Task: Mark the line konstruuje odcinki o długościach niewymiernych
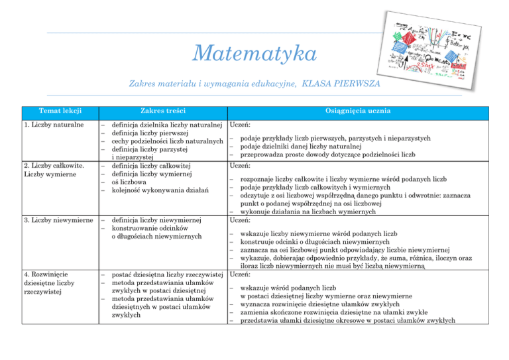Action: [x=326, y=243]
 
